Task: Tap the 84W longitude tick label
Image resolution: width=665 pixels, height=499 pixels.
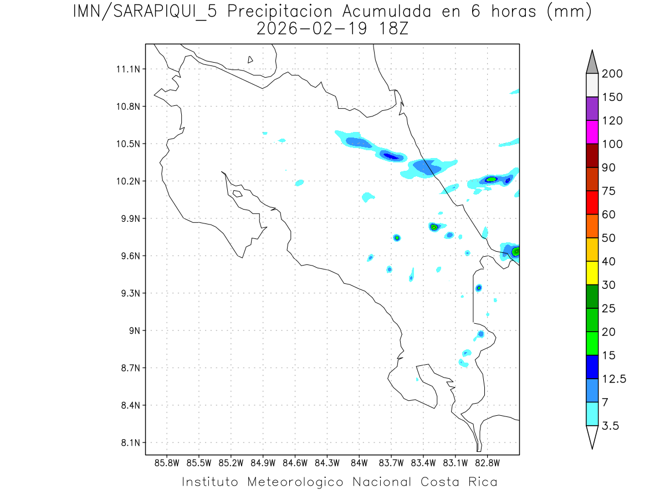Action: (x=359, y=462)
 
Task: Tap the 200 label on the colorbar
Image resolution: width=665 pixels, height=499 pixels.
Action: (x=612, y=74)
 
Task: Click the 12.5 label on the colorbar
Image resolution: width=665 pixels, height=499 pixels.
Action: (x=614, y=379)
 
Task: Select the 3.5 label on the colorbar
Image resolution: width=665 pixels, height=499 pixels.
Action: (x=611, y=426)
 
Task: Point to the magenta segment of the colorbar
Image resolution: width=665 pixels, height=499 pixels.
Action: (x=592, y=132)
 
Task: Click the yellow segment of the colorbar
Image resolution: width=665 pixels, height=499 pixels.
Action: (x=592, y=273)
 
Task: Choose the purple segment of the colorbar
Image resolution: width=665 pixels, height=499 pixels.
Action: (x=592, y=109)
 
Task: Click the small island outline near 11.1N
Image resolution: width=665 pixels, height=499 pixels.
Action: (x=250, y=59)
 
